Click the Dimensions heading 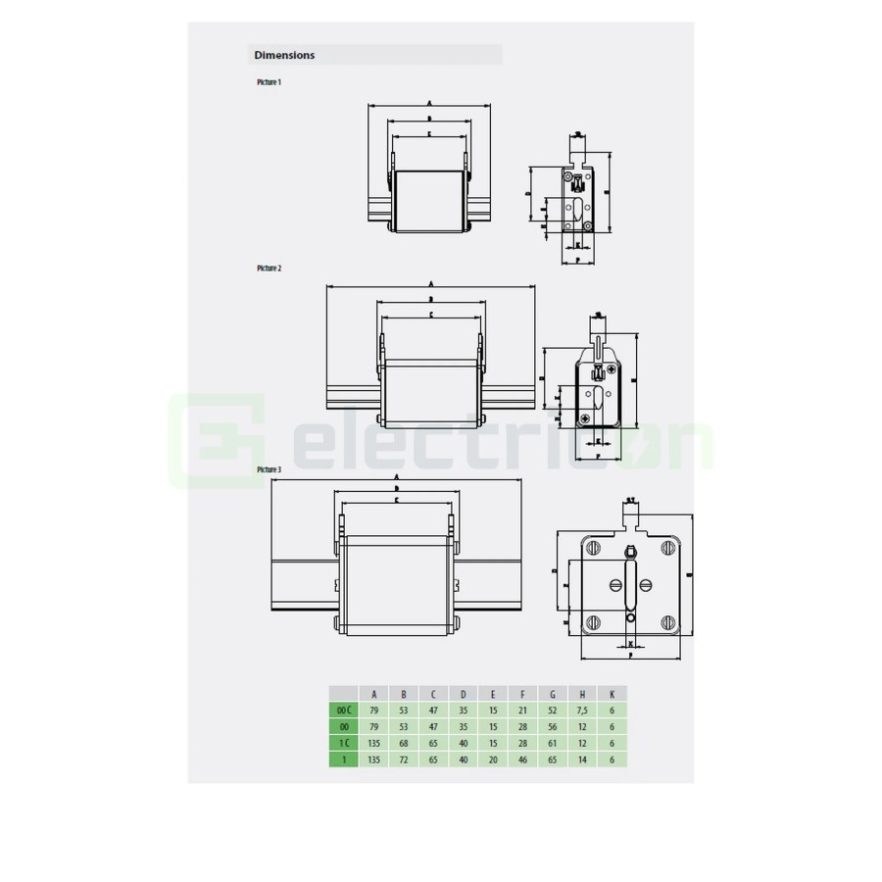coord(284,56)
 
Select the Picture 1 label coord(269,82)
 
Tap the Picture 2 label coord(269,268)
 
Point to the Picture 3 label coord(269,470)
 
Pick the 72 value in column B coord(404,759)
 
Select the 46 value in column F coord(523,759)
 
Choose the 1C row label coord(343,742)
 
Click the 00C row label coord(343,709)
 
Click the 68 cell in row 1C coord(404,742)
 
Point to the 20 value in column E coord(493,759)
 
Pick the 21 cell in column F coord(523,709)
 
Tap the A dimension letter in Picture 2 coord(430,284)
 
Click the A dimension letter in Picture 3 coord(395,477)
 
